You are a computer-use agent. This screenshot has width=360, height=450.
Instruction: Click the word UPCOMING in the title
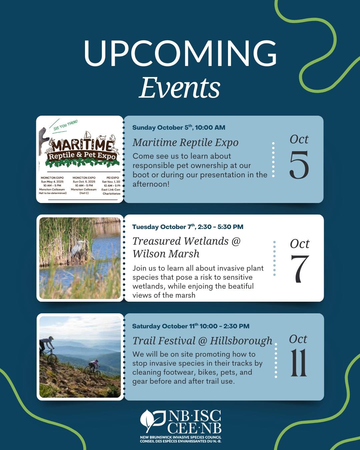tap(180, 53)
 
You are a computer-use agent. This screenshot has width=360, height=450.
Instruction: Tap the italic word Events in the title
tap(180, 88)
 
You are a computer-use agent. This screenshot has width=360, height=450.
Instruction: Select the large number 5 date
tap(299, 165)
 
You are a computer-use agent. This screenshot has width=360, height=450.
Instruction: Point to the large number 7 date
tap(300, 269)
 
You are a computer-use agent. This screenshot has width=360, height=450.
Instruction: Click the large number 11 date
tap(298, 363)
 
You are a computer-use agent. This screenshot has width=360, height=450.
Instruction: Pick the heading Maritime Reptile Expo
tap(185, 142)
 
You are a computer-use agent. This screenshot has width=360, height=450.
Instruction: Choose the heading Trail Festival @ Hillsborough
tap(202, 341)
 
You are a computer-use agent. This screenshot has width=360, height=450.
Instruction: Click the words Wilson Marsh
tap(166, 254)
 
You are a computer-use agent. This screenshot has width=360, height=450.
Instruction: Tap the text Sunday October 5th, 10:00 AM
tap(179, 127)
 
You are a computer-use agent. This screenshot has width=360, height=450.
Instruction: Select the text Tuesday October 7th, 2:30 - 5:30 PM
tap(188, 227)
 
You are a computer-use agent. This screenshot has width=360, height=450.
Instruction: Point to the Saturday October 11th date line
tap(191, 326)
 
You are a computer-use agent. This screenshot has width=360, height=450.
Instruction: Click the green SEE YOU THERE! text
tap(66, 125)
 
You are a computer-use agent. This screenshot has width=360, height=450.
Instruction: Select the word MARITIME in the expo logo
tap(82, 145)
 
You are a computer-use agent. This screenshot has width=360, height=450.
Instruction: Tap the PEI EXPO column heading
tap(112, 178)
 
